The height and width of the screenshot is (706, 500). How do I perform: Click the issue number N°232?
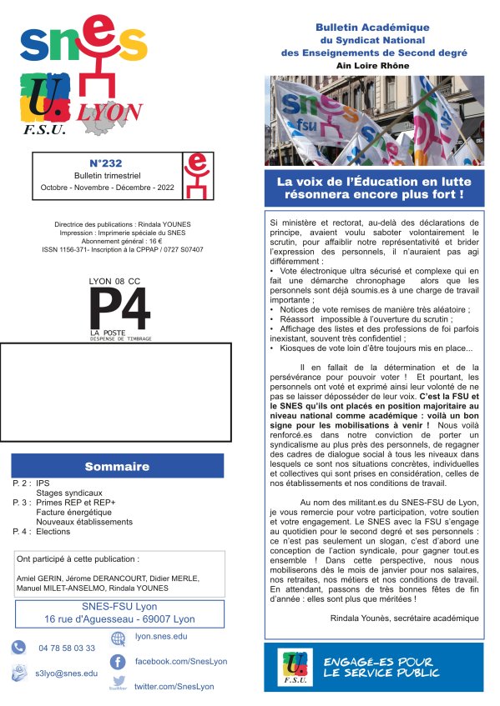click(106, 163)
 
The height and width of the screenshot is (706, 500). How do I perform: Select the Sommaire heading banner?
click(118, 466)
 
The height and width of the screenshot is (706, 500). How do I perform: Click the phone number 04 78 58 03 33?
click(67, 648)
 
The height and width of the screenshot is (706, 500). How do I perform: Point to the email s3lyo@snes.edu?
click(66, 673)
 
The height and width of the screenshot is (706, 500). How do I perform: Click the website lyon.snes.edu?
click(161, 636)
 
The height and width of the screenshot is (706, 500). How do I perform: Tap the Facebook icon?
click(118, 662)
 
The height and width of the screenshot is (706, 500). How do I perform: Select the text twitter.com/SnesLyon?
click(174, 686)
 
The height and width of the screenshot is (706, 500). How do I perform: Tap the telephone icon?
click(19, 648)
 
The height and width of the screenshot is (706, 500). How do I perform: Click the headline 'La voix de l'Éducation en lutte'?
click(373, 181)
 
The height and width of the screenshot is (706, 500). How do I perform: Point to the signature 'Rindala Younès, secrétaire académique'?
click(405, 618)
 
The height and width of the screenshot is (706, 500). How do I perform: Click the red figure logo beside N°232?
click(195, 175)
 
